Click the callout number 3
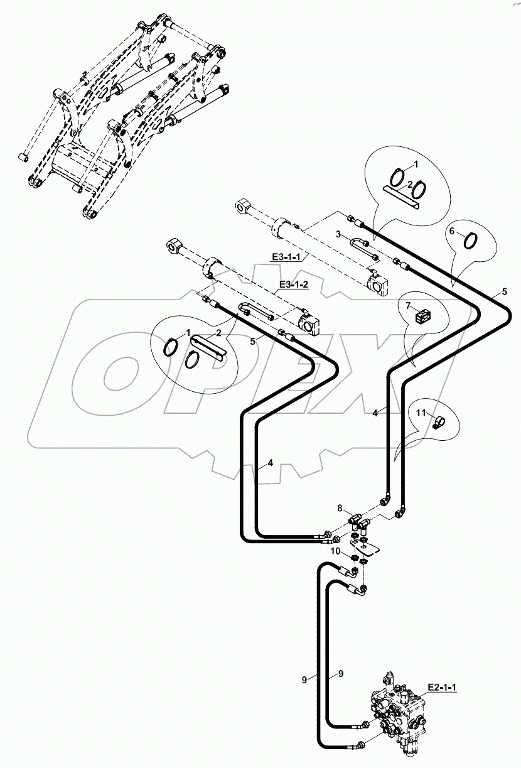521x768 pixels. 338,234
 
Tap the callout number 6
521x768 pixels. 451,232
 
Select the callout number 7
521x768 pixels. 407,305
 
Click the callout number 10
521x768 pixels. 336,551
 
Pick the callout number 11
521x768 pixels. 422,413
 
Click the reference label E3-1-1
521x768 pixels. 286,256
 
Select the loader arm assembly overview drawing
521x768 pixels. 122,119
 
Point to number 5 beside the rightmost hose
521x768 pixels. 503,291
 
